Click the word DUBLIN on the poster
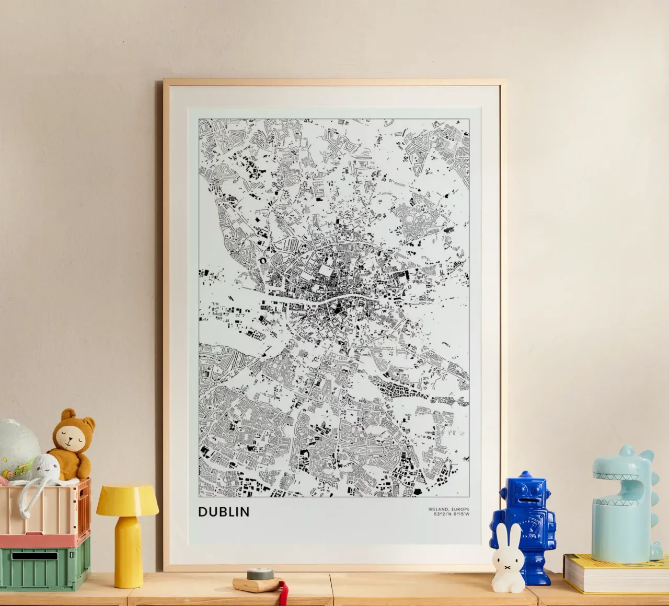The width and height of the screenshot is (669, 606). coord(224,511)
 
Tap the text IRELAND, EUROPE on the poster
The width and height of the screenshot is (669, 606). coord(448,509)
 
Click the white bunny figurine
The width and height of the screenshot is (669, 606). coord(505,555)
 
